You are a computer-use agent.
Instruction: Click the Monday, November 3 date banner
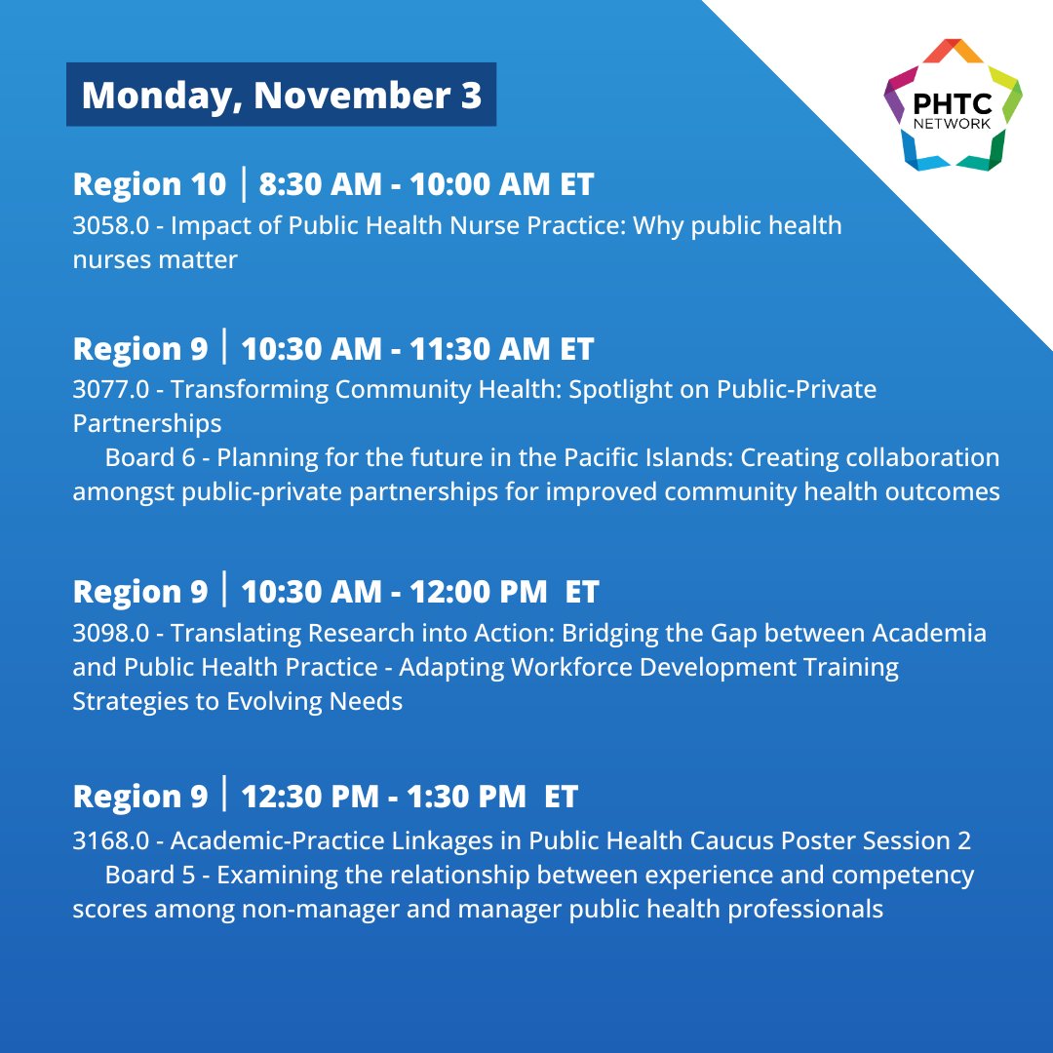tap(281, 95)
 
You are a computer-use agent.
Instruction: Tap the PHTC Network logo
tap(953, 105)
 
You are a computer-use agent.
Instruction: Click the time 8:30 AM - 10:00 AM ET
tap(425, 184)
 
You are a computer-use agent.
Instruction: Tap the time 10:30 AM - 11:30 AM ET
tap(417, 348)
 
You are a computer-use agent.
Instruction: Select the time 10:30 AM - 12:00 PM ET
tap(419, 592)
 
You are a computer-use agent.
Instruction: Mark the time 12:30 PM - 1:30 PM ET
tap(409, 797)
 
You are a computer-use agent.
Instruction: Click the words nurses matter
tap(155, 261)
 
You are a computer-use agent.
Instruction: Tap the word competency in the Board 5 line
tap(908, 876)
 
